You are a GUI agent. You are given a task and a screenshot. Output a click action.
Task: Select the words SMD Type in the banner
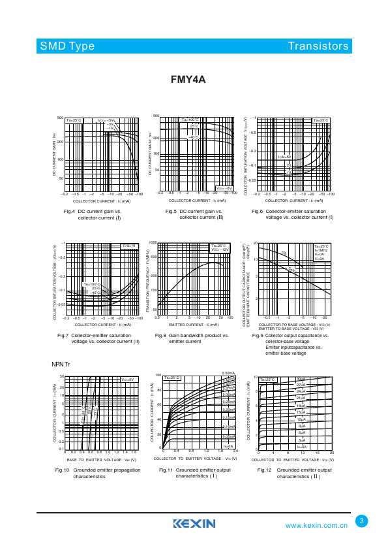coord(67,46)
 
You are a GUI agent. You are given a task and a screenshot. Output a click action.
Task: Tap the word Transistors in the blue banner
coord(318,46)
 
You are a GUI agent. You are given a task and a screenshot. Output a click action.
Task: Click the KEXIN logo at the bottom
coord(194,523)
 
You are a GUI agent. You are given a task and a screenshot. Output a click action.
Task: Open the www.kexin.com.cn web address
coord(317,525)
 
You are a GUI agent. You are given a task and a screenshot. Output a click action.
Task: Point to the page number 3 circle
coord(363,521)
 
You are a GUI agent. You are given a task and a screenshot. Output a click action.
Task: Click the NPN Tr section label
coord(61,363)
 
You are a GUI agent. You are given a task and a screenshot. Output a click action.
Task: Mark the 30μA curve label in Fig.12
coord(301,380)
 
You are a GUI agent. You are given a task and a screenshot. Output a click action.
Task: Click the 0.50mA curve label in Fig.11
coord(228,373)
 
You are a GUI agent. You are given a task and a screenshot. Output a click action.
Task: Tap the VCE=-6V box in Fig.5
coord(224,187)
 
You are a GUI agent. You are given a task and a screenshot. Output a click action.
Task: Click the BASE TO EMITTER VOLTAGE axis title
coord(102,461)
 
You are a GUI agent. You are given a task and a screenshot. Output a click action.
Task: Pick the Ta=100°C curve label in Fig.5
coord(189,120)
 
